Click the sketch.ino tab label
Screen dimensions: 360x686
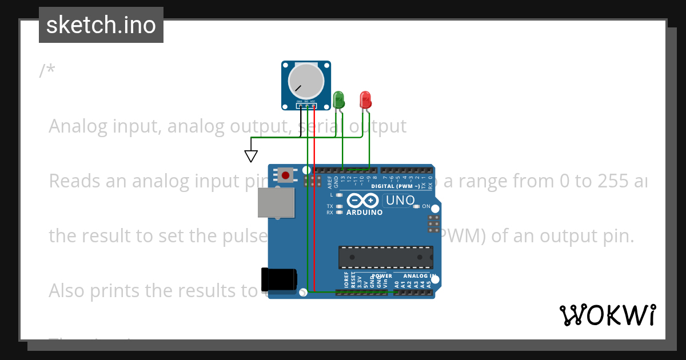(x=101, y=25)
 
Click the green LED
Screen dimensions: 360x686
(x=338, y=99)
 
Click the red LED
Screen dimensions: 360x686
(x=365, y=100)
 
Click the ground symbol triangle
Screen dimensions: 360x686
(x=251, y=156)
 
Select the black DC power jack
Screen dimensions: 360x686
(x=278, y=279)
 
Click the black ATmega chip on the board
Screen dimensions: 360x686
(x=385, y=257)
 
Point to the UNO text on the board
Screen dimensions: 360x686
(x=400, y=201)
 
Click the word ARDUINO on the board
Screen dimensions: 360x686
(x=365, y=213)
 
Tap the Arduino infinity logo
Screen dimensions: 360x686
(x=362, y=201)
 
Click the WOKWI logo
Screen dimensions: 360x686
(x=607, y=315)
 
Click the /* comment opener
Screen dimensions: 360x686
(x=47, y=71)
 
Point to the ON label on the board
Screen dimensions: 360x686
(x=426, y=206)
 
